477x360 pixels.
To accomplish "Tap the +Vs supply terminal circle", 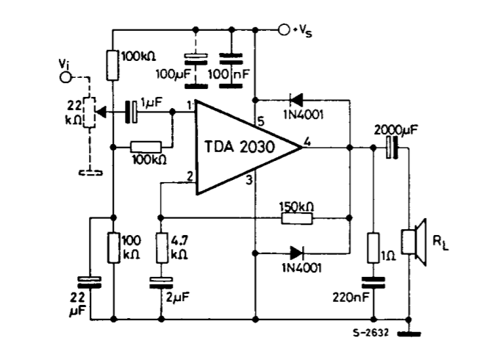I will point(284,30).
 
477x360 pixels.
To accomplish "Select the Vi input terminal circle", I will point(65,76).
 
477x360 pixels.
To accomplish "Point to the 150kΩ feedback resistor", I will point(297,217).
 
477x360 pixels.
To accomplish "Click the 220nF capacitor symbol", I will point(373,281).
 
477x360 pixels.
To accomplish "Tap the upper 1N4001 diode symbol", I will point(297,98).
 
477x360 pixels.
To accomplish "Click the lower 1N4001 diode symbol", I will point(297,252).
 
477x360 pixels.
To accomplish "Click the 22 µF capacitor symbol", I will point(88,281).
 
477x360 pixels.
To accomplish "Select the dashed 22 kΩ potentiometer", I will point(88,112).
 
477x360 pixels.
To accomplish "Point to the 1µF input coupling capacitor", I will point(132,112).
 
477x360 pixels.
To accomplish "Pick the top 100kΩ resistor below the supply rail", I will point(112,65).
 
